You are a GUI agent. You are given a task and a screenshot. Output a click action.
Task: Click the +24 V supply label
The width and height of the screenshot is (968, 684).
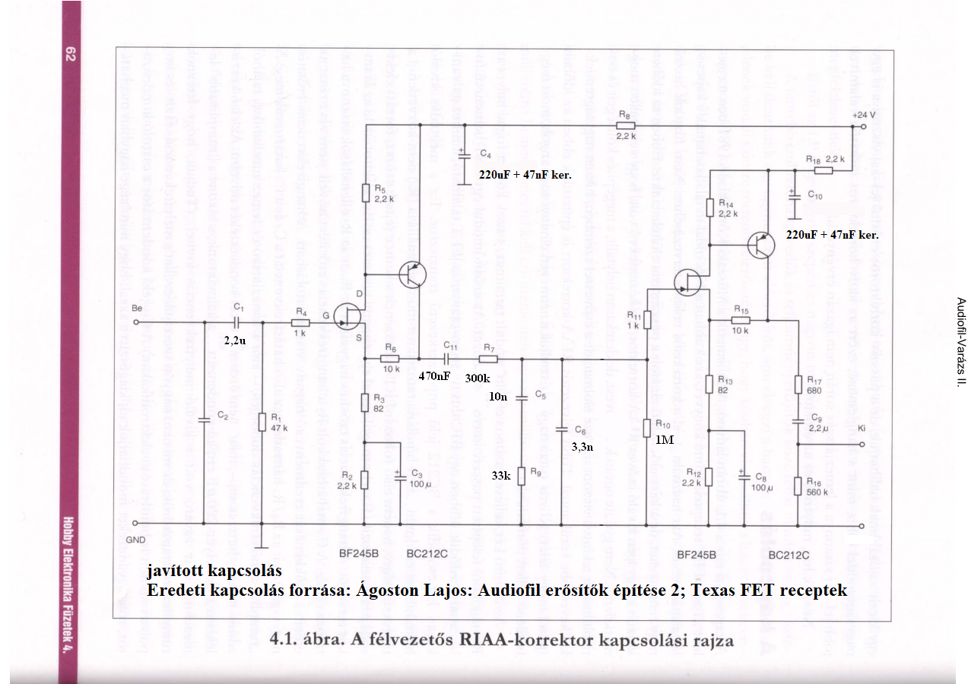tap(863, 113)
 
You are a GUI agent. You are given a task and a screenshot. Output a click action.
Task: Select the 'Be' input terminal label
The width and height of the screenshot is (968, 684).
tap(137, 309)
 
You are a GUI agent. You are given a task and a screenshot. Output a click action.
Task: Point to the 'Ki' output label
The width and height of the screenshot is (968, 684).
tap(862, 429)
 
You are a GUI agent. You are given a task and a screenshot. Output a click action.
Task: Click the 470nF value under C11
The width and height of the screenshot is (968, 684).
tap(434, 375)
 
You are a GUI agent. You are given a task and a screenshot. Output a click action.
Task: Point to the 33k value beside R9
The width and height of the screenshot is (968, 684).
tap(500, 477)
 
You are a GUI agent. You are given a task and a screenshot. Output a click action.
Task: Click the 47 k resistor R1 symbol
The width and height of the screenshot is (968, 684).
tap(262, 422)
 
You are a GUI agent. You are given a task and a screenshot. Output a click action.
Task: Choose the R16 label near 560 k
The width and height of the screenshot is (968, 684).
tap(814, 482)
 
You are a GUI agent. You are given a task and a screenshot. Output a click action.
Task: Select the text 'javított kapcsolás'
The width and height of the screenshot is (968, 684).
tap(214, 571)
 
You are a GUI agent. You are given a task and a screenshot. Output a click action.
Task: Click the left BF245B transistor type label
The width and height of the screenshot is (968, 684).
tap(358, 554)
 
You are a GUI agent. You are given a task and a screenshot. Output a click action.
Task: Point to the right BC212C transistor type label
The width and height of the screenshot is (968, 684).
tap(789, 555)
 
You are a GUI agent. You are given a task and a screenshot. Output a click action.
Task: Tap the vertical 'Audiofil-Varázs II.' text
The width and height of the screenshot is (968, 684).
tap(960, 341)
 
